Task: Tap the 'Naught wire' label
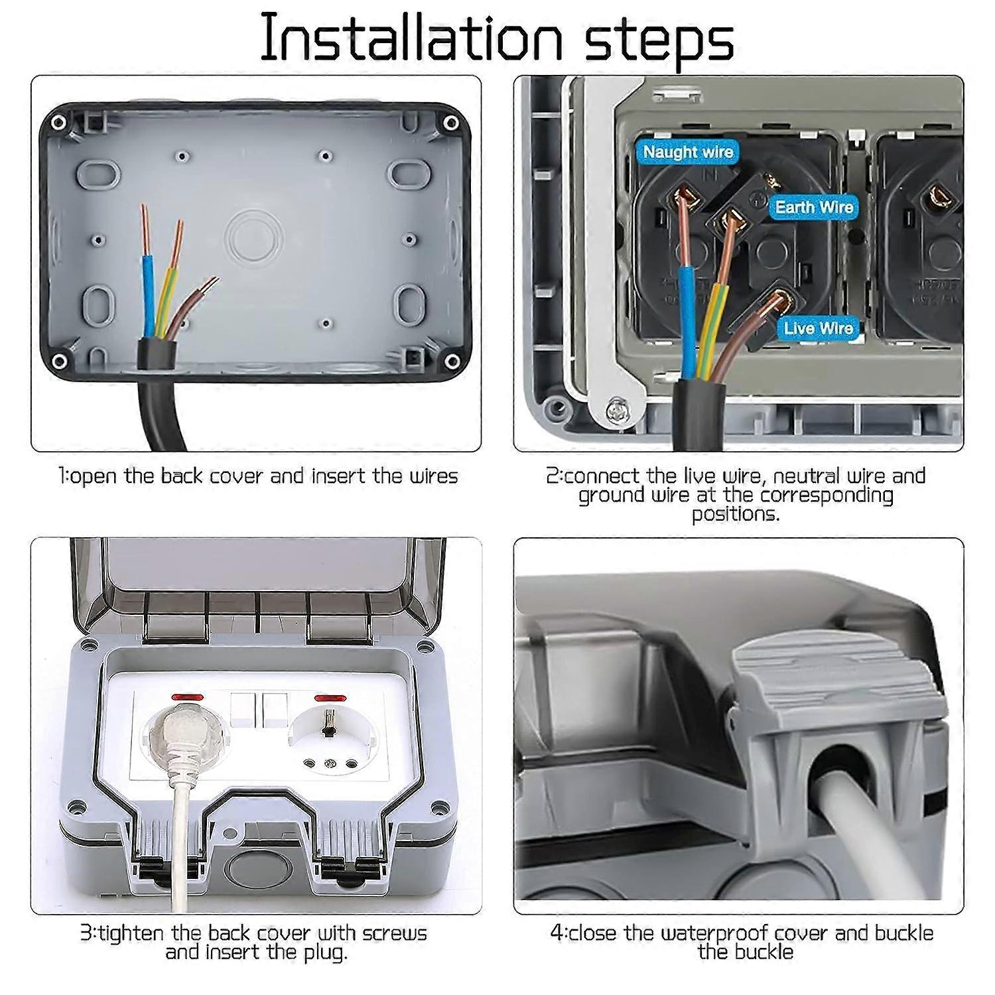688,152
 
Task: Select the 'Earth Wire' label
814,207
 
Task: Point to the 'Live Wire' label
818,328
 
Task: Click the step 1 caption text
257,476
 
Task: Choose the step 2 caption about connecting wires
735,494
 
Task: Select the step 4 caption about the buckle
742,943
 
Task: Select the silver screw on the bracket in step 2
616,411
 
